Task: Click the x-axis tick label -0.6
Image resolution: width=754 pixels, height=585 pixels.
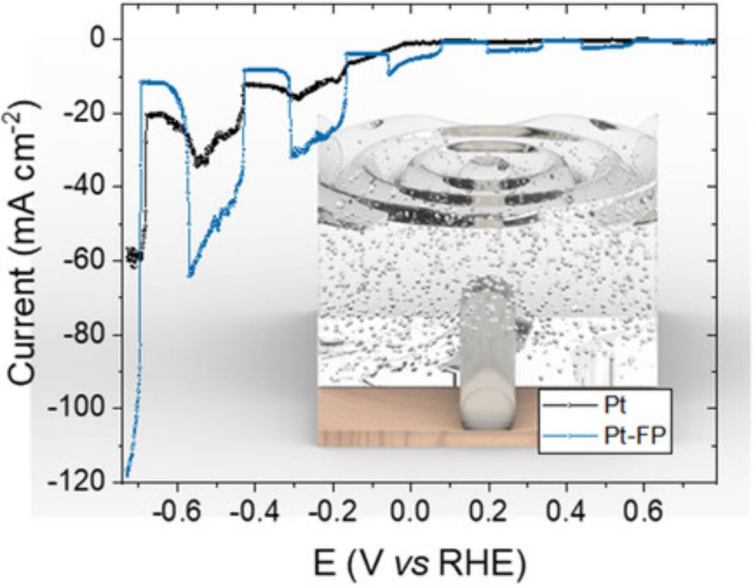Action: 175,519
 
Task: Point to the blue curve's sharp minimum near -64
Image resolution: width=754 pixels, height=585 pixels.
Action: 190,276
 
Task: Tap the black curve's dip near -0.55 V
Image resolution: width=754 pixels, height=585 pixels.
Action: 198,163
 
